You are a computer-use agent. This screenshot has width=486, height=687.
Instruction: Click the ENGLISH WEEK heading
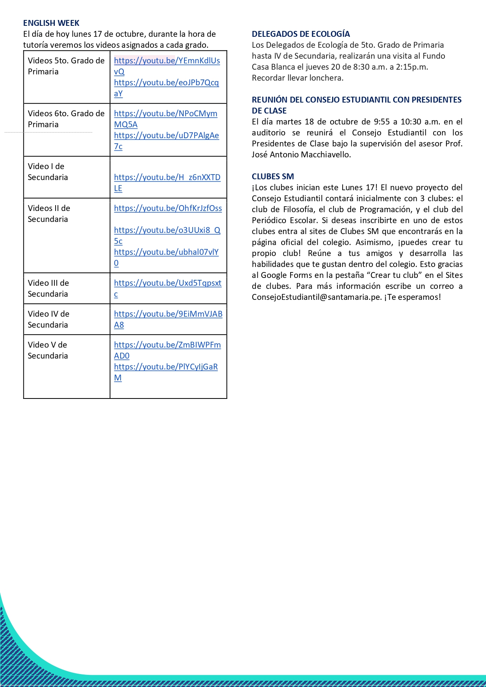[x=51, y=23]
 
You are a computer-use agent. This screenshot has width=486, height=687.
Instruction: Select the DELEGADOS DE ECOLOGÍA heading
[x=301, y=34]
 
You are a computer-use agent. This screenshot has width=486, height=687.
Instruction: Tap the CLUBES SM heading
[x=273, y=177]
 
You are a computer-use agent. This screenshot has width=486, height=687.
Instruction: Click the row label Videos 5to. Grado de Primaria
[x=66, y=66]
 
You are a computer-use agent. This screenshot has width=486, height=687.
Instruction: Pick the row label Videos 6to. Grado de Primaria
[x=66, y=119]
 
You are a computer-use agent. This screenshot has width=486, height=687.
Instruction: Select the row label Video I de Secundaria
[x=48, y=172]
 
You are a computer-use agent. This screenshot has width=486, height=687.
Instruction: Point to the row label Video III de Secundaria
[x=48, y=289]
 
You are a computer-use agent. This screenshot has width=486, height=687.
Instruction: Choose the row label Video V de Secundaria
[x=48, y=350]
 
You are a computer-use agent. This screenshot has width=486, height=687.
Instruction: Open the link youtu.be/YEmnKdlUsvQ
[x=167, y=61]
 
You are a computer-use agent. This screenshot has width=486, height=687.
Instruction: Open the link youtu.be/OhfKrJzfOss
[x=168, y=209]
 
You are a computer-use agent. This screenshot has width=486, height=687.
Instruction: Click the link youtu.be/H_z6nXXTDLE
[x=167, y=178]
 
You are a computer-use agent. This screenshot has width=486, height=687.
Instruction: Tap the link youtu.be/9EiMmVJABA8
[x=168, y=314]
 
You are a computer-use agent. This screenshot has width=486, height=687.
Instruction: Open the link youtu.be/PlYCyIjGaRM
[x=166, y=367]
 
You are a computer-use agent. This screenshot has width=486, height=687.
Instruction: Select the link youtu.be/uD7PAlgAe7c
[x=166, y=136]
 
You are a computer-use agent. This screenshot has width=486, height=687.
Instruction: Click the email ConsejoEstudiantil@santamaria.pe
[x=316, y=297]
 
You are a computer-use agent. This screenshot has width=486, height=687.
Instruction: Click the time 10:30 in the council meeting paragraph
[x=411, y=122]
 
